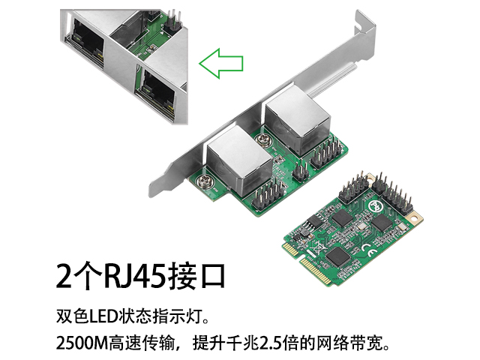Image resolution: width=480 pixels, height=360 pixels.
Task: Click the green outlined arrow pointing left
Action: coord(221,63)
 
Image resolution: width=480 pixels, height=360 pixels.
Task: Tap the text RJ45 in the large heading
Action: coord(136,276)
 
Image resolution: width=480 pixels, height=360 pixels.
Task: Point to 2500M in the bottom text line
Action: coord(82,343)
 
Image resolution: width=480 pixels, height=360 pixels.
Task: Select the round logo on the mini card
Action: coord(376,205)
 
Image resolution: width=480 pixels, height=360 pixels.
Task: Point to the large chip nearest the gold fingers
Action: coord(337,256)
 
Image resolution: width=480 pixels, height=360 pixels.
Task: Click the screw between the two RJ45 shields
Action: coord(263,140)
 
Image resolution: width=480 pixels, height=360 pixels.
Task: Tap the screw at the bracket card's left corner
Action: coord(202,181)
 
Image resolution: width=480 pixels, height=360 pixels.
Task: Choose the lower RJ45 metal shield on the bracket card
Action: coord(239,160)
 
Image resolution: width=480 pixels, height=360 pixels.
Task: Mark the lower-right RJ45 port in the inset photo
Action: coord(158,93)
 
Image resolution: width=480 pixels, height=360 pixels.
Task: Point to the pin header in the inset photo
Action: coord(172,22)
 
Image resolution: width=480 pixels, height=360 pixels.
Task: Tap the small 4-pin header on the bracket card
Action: coord(300,170)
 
